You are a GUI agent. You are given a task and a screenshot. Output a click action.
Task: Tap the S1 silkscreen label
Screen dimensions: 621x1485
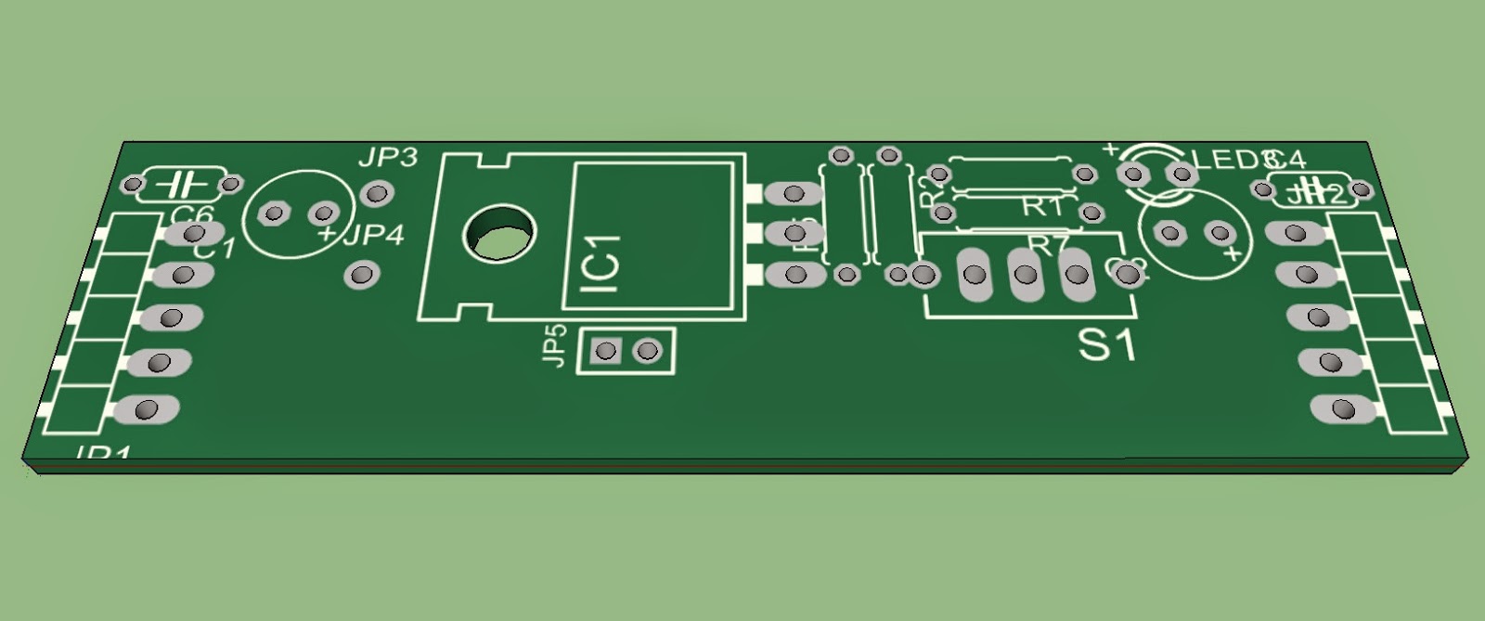click(1106, 346)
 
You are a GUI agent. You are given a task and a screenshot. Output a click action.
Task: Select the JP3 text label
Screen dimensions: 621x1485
click(387, 158)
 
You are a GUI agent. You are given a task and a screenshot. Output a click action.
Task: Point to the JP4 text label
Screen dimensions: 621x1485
click(374, 235)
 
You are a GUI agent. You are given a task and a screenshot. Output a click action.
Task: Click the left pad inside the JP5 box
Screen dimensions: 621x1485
click(606, 351)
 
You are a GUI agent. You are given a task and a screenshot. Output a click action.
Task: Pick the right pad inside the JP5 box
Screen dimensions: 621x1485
click(648, 351)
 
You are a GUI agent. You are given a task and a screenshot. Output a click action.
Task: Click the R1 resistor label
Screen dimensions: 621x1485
click(1042, 207)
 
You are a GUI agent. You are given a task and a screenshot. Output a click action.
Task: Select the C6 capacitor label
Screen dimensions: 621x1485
click(192, 215)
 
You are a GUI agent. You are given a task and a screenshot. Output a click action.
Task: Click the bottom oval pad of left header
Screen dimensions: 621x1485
click(148, 409)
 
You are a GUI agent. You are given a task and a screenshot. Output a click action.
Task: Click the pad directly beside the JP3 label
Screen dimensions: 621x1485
click(376, 194)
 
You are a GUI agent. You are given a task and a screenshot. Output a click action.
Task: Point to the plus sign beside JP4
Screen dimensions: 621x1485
click(326, 236)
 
